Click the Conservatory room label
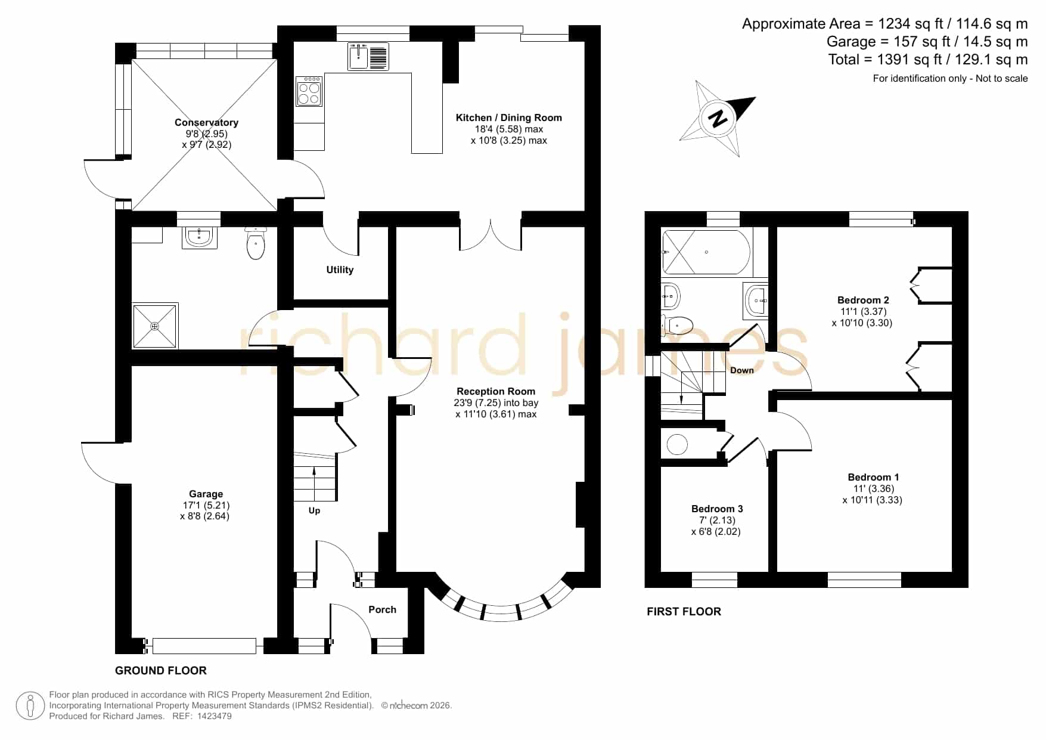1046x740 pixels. [x=206, y=122]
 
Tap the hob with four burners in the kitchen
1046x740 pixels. [x=309, y=91]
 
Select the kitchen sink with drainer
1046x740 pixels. [x=368, y=56]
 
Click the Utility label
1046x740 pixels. [x=340, y=270]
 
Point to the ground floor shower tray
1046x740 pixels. [x=155, y=326]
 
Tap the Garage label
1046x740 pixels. [x=206, y=494]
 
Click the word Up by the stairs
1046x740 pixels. [x=314, y=510]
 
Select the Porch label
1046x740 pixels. [x=382, y=609]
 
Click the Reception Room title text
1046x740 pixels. [x=496, y=391]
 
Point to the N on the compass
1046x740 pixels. [x=719, y=117]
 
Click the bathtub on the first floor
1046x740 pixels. [x=706, y=252]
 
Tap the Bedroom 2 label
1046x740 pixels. [x=863, y=300]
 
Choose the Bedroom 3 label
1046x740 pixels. [x=717, y=509]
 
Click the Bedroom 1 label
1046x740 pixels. [x=873, y=477]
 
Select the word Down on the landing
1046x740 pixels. [x=742, y=370]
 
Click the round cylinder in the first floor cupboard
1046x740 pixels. [x=677, y=444]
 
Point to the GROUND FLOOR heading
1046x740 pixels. [x=161, y=670]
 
